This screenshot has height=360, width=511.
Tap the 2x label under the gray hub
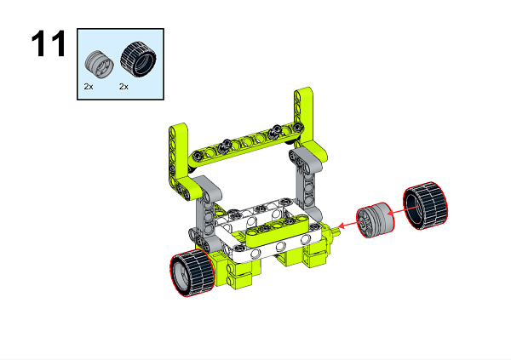(89, 87)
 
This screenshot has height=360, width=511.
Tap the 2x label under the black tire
(123, 87)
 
